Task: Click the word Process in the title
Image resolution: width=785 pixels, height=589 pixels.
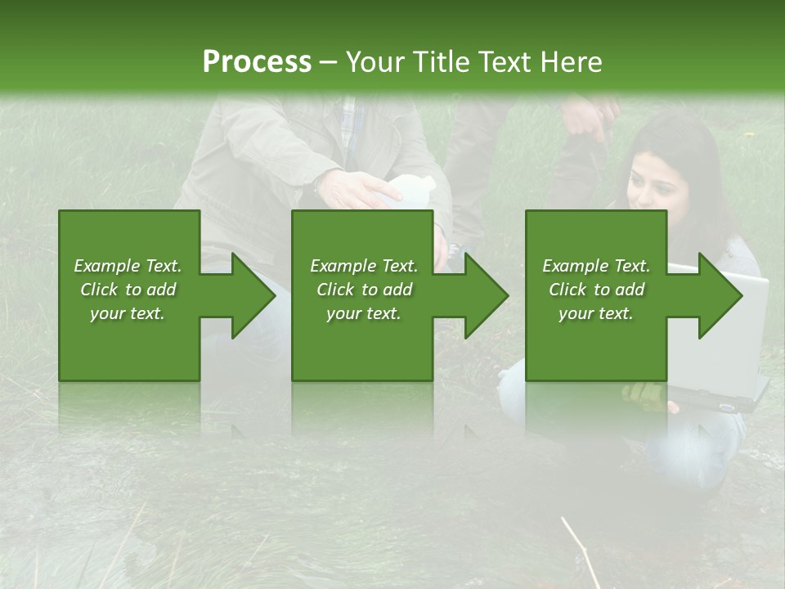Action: coord(257,61)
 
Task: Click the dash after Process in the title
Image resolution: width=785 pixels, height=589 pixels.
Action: coord(328,63)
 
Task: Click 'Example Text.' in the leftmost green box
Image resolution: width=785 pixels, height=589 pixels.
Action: coord(128,266)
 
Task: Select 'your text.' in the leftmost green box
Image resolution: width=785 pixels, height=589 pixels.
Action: coord(128,313)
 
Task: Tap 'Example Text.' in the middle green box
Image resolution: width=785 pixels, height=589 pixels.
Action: coord(364,266)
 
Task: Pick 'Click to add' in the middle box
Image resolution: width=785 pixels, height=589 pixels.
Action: coord(364,290)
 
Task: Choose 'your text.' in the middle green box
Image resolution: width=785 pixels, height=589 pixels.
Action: coord(364,313)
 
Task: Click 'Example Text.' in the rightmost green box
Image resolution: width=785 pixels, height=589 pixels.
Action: coord(596,266)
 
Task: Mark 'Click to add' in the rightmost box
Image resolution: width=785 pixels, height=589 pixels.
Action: coord(596,290)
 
